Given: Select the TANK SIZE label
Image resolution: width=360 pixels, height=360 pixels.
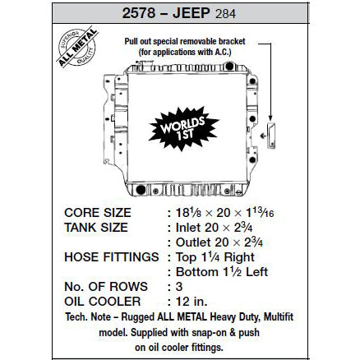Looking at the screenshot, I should tap(97, 228).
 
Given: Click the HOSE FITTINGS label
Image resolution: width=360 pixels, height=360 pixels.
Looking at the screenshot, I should tap(111, 257).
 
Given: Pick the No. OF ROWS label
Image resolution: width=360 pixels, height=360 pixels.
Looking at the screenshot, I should tap(106, 287).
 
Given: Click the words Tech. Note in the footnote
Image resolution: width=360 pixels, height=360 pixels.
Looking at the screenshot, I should tap(85, 316).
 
